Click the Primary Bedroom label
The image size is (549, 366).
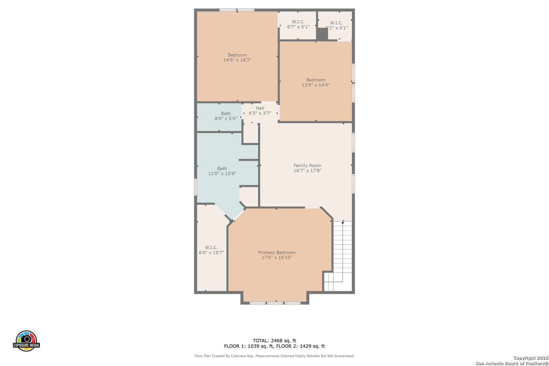pos(277,252)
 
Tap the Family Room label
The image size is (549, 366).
pos(307,165)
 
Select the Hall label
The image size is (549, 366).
pos(260,108)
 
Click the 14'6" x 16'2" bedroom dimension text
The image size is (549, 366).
pos(237,60)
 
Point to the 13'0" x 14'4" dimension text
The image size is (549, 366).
pos(316,85)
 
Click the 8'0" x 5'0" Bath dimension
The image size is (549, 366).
pos(226,119)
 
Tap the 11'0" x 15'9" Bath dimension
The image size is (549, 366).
pos(222,174)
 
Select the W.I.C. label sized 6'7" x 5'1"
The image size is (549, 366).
pos(298,22)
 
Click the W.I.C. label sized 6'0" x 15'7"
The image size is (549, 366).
pos(211,248)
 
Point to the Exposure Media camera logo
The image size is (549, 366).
pos(26,341)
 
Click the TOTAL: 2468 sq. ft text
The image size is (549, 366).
pos(274,341)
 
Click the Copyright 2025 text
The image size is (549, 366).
pos(531,358)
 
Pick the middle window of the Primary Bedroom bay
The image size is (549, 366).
pos(275,303)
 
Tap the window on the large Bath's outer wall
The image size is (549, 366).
pos(196,187)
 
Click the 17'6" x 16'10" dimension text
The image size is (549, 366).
pos(277,258)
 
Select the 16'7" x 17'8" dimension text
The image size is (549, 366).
pos(307,170)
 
